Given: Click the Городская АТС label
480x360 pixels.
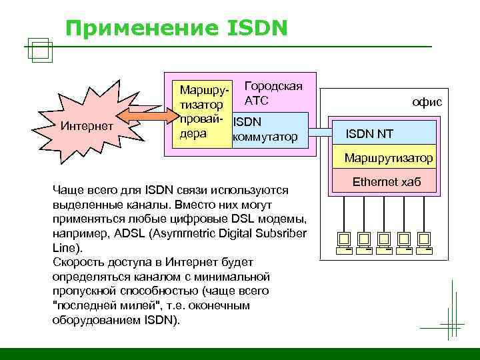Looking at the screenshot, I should [273, 93].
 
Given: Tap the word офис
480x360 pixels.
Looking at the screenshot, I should [427, 102].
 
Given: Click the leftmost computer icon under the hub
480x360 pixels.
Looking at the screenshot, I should [344, 241].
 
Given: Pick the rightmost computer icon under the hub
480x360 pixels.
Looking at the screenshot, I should [423, 241].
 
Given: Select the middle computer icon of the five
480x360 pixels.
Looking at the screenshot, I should [383, 241].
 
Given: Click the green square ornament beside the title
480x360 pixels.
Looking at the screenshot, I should [41, 50].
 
